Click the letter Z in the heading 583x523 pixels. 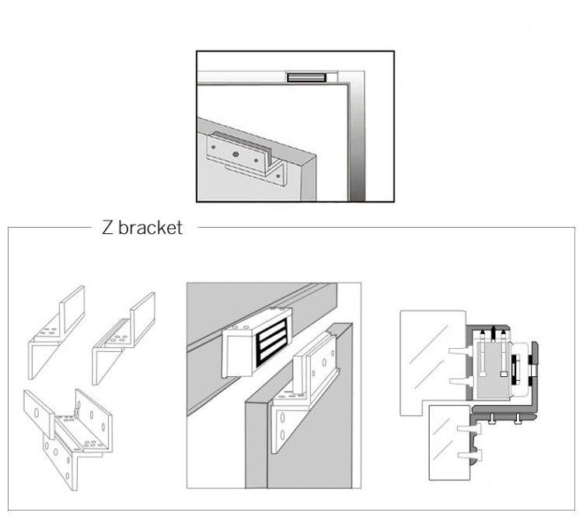pos(107,228)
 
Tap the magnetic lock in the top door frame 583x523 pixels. pos(306,77)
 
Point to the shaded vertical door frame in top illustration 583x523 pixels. pos(357,132)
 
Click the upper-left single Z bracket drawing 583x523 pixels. pos(56,330)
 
